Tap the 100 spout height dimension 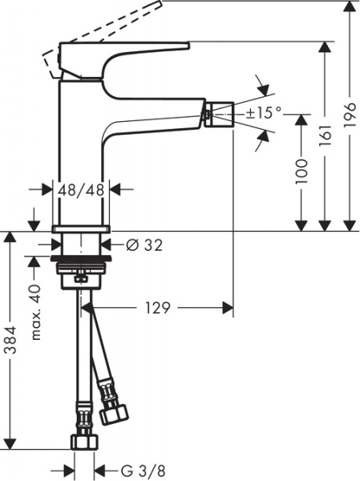[301, 172]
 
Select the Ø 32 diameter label [144, 245]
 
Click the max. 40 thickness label [34, 312]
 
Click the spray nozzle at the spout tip [218, 113]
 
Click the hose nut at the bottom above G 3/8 [84, 442]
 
